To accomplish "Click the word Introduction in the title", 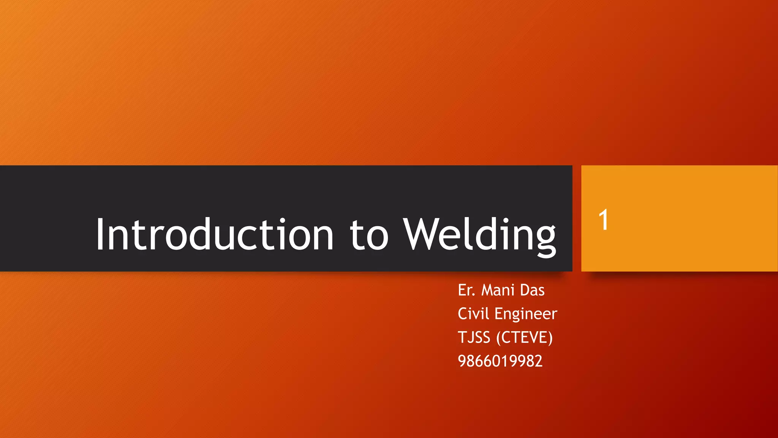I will coord(215,234).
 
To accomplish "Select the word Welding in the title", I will coord(479,235).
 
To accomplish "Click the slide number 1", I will coord(603,220).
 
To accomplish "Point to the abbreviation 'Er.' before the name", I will coord(466,290).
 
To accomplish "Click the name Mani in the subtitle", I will coord(498,290).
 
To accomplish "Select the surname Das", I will coord(532,290).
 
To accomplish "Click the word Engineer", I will coord(526,314).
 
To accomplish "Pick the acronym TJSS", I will coord(474,338).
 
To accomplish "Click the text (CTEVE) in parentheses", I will coord(524,338).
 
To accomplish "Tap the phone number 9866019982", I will coord(500,361).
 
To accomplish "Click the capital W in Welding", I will coord(422,234).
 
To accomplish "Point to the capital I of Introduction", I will coord(100,234).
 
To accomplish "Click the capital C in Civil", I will coord(463,314).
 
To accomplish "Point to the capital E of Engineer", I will coord(498,314).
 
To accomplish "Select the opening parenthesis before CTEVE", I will coord(498,338).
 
